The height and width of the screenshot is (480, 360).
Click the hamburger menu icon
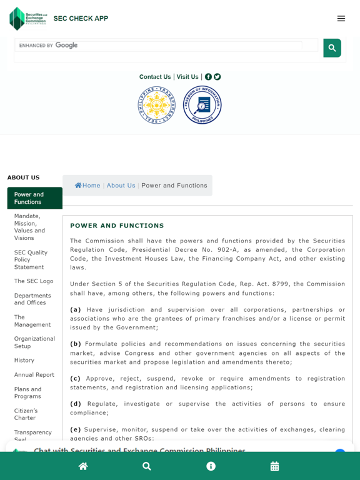point(341,19)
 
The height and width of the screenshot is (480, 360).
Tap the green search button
point(332,48)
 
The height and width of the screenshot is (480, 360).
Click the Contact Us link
point(155,77)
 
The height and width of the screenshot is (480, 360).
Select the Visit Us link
point(187,77)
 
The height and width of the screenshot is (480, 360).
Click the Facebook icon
point(208,77)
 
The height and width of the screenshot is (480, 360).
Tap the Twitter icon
point(217,77)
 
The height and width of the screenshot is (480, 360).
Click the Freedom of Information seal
point(202,105)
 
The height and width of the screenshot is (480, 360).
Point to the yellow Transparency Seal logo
point(157,105)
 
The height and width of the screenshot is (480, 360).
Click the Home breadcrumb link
point(87,186)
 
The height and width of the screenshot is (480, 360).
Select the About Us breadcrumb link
point(121,186)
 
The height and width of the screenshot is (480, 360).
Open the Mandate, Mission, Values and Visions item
point(34,227)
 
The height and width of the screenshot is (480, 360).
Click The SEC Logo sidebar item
point(34,281)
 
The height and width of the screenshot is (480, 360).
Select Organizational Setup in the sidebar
point(34,342)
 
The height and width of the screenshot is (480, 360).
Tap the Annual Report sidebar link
point(34,375)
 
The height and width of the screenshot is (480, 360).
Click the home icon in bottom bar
point(83,466)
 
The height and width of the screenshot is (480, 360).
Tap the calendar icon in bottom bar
point(274,466)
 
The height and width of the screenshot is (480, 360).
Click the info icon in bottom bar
point(211,466)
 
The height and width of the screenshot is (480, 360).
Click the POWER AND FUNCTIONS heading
point(117,226)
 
